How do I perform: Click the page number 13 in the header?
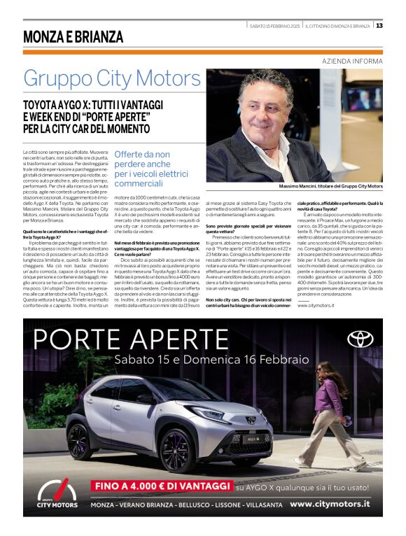click(379, 26)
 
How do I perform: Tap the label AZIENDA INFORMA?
click(352, 62)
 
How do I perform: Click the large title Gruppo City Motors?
click(111, 78)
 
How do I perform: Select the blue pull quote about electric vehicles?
click(151, 168)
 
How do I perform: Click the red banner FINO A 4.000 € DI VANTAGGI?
click(162, 485)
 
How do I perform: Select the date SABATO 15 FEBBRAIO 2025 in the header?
click(274, 26)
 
